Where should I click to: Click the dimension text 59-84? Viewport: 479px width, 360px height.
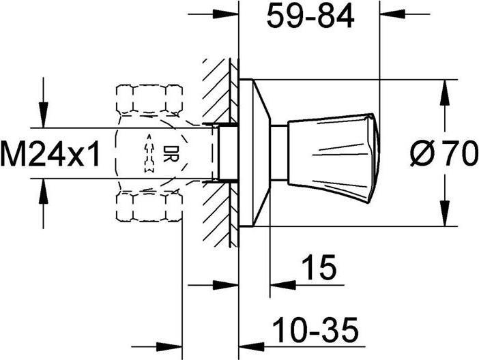pos(310,16)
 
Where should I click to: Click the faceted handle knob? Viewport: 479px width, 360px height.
pos(333,153)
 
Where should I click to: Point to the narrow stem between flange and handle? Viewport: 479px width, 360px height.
pos(278,153)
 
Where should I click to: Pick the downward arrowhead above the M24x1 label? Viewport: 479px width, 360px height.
pos(44,119)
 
